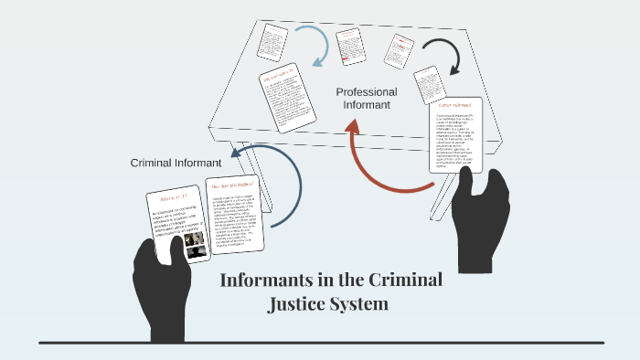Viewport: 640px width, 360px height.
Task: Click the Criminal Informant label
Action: point(173,163)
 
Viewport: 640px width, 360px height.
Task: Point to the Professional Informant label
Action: point(367,99)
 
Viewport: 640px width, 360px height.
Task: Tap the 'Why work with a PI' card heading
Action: point(280,78)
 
